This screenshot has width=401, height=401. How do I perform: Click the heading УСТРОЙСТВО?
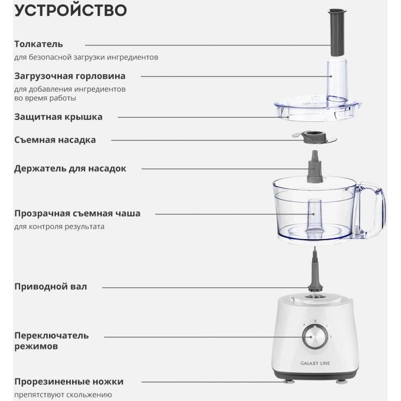(71, 10)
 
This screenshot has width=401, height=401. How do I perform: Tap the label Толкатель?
(39, 44)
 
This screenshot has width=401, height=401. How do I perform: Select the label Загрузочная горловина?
(70, 76)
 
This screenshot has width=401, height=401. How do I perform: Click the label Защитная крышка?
(58, 117)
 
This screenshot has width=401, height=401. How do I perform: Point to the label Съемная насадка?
(55, 140)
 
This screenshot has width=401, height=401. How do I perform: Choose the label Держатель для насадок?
(70, 168)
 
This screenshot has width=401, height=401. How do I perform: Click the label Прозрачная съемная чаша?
(77, 214)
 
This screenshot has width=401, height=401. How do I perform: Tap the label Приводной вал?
(51, 286)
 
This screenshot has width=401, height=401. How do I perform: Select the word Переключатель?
(52, 335)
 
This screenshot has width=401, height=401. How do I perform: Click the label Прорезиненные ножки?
(69, 381)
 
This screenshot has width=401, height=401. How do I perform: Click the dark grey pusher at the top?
(337, 32)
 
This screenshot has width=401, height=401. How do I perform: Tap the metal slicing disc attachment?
(314, 137)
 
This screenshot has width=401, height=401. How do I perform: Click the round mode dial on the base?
(315, 336)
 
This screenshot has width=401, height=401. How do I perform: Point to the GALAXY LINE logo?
(315, 363)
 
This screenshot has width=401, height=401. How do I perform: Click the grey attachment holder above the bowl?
(315, 167)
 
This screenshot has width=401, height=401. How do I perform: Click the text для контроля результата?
(59, 227)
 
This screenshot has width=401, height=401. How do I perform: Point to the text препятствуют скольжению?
(63, 395)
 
